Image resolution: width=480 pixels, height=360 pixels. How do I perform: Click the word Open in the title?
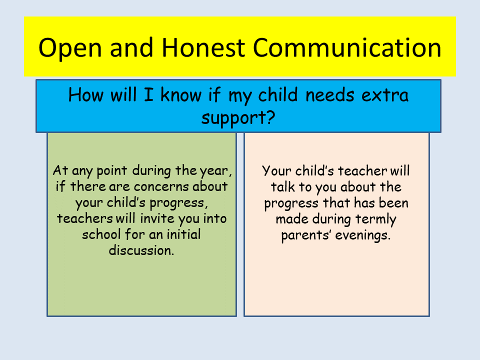[70, 48]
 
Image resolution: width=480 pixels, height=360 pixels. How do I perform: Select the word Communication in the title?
[347, 47]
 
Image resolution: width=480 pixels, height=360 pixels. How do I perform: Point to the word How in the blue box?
[86, 94]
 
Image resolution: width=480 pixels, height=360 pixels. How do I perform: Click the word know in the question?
[181, 94]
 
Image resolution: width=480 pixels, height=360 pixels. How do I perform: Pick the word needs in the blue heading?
[329, 94]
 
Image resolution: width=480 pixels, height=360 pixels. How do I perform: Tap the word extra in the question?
[385, 95]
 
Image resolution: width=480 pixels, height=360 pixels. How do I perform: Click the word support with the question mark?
[238, 118]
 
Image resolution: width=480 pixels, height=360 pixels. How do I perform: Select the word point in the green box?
[111, 171]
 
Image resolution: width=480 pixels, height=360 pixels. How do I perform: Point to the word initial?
[183, 234]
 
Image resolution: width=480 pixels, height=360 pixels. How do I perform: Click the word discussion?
[141, 250]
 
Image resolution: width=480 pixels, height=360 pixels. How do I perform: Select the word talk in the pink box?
[283, 187]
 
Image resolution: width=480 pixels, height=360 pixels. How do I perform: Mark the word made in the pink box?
[292, 219]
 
